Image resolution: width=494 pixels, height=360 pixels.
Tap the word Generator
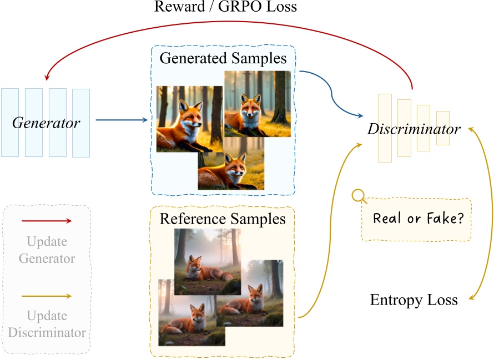tap(47, 123)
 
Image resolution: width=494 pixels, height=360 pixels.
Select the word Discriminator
tap(414, 129)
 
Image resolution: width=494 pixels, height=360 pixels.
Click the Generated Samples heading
tap(223, 58)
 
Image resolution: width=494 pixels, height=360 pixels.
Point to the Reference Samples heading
tap(223, 219)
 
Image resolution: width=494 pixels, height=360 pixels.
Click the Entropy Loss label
tap(414, 300)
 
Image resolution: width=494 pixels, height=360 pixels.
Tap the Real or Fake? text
tap(419, 218)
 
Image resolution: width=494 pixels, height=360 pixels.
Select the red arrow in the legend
tap(47, 221)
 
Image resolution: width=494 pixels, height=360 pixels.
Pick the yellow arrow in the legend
tap(47, 296)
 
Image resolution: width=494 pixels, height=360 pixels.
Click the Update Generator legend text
tap(47, 250)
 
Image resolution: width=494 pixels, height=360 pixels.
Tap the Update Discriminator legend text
tap(47, 324)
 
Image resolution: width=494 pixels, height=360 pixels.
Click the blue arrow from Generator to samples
tap(122, 119)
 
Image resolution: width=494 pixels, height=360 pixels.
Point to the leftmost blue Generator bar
tap(10, 122)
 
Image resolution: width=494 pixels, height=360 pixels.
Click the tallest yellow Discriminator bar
tap(385, 128)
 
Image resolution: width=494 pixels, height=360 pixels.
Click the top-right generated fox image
tap(257, 104)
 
